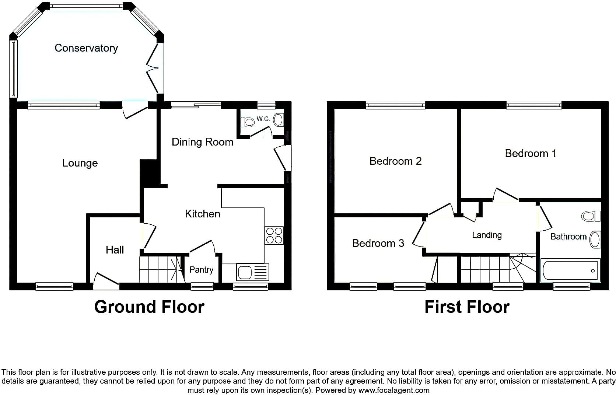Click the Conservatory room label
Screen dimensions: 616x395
(86, 48)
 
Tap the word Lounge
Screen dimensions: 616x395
(80, 163)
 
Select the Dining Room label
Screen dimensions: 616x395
(202, 142)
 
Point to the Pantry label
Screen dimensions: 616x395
(202, 270)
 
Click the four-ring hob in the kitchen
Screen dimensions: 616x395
(274, 235)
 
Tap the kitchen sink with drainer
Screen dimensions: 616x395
(252, 272)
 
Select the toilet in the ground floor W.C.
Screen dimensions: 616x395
(248, 122)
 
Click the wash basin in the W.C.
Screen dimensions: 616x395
(279, 120)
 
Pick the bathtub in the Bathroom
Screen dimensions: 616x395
(570, 270)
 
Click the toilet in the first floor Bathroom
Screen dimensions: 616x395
(591, 216)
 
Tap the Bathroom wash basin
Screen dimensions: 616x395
(595, 239)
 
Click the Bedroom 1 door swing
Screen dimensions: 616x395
(505, 194)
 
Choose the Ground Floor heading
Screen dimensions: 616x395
(149, 307)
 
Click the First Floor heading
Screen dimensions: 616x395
(467, 307)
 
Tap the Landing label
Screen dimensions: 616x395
(487, 235)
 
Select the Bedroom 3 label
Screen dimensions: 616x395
(378, 243)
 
